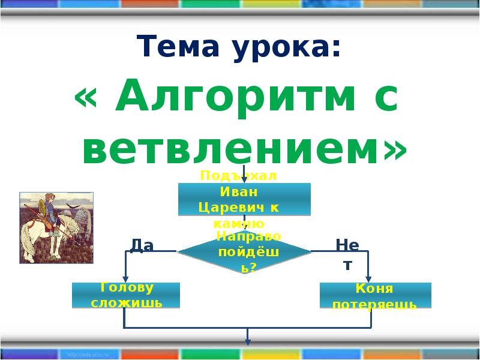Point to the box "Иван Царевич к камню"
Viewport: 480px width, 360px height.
pos(244,199)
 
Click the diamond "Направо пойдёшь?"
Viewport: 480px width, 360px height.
pos(244,252)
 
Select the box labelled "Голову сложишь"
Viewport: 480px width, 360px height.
pos(126,295)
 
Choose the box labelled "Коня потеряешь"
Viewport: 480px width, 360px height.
pos(375,296)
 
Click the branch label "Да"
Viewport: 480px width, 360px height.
pos(142,245)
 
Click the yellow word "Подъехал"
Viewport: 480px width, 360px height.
pos(238,175)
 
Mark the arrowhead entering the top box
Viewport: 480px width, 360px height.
pos(244,179)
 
